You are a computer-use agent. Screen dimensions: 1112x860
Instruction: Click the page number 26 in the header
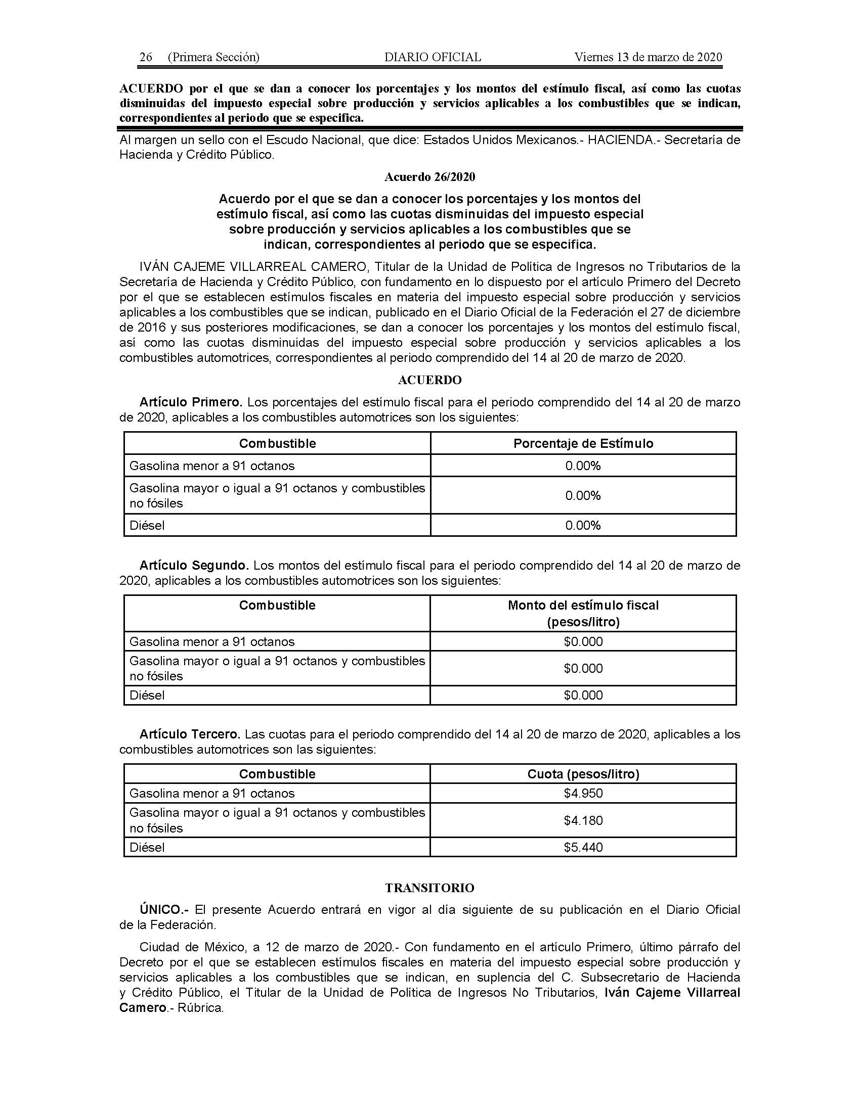(146, 57)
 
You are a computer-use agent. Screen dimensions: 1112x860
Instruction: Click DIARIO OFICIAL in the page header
(433, 57)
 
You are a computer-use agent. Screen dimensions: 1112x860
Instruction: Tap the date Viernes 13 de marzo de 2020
(648, 57)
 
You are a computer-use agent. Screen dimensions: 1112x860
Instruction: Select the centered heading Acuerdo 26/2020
(429, 177)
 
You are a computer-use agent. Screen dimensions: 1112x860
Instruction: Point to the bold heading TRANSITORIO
(429, 888)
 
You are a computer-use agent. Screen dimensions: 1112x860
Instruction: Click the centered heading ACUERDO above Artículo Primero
(429, 380)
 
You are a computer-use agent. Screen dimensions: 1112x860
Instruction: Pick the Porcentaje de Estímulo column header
(583, 443)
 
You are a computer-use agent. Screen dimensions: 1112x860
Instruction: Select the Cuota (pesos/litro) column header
(583, 774)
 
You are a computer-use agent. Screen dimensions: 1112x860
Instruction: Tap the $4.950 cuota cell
(583, 793)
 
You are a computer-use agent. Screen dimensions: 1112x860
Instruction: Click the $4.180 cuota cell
(583, 820)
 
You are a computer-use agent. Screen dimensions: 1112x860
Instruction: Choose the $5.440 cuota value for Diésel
(583, 847)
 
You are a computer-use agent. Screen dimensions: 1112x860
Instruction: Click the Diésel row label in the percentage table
(147, 525)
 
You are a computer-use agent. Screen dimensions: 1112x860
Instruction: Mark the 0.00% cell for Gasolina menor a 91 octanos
(583, 466)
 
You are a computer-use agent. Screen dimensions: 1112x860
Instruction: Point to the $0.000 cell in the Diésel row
(583, 695)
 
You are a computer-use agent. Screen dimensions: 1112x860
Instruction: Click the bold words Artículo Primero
(191, 402)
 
